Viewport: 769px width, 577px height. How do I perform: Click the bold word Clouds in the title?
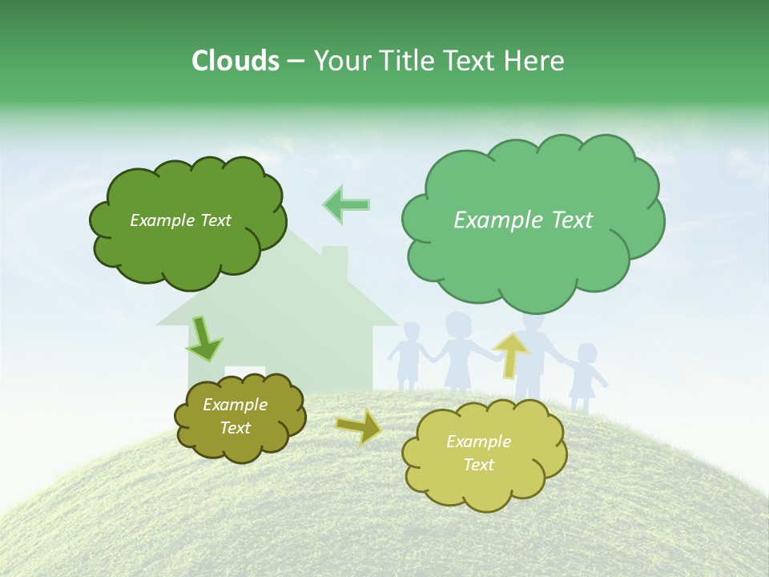(236, 61)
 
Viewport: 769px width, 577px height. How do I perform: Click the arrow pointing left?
(347, 204)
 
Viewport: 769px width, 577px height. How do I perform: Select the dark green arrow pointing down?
(204, 338)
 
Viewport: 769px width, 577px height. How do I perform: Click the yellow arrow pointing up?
(511, 354)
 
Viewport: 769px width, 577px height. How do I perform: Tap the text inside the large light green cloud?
(523, 220)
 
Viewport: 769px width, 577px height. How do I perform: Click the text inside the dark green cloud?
(180, 220)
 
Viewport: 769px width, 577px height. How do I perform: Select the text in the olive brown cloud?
(236, 416)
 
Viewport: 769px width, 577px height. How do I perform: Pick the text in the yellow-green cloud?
(478, 453)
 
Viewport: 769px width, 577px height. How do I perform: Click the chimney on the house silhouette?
(335, 260)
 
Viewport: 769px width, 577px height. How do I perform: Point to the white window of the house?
(245, 372)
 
